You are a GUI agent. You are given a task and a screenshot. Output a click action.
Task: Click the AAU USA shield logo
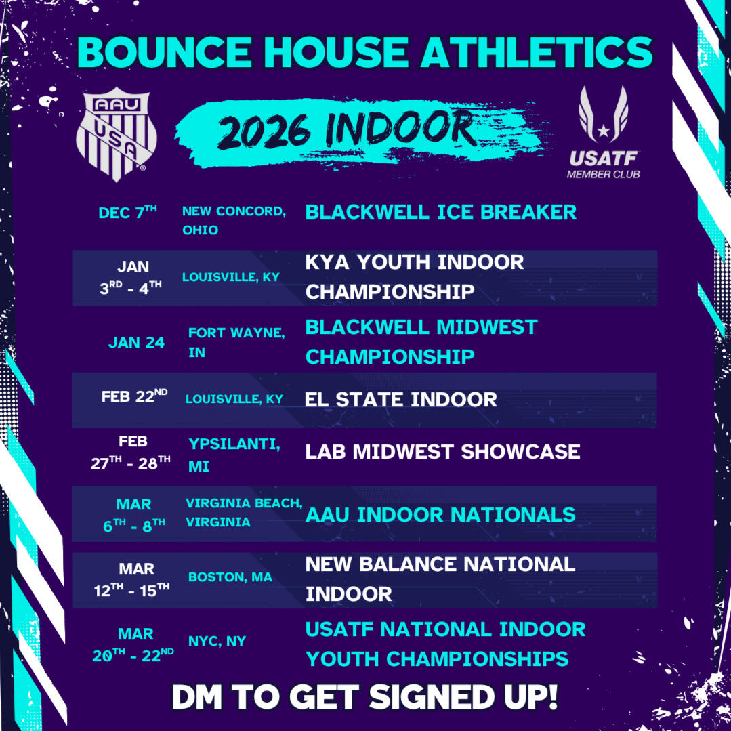pyautogui.click(x=116, y=133)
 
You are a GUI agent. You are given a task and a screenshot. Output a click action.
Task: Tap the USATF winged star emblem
pyautogui.click(x=603, y=114)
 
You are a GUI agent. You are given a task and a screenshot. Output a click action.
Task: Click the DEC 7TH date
pyautogui.click(x=128, y=212)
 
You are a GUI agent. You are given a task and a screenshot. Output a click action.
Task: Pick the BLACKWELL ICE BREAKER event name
pyautogui.click(x=440, y=212)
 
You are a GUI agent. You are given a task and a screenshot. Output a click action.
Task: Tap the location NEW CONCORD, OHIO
pyautogui.click(x=234, y=220)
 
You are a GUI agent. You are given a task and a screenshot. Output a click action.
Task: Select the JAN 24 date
pyautogui.click(x=136, y=343)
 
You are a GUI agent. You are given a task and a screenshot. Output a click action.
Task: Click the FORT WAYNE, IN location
pyautogui.click(x=236, y=342)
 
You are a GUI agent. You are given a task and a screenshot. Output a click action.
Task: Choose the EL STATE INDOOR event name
pyautogui.click(x=401, y=400)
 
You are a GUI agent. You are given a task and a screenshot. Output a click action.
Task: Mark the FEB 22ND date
pyautogui.click(x=134, y=396)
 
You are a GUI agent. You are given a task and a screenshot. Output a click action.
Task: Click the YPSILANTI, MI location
pyautogui.click(x=234, y=455)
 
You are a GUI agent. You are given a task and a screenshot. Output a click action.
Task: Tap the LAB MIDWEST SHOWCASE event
pyautogui.click(x=442, y=451)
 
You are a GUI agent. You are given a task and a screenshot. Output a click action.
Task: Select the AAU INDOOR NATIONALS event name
pyautogui.click(x=440, y=515)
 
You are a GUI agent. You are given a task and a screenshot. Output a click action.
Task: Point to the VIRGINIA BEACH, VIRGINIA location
pyautogui.click(x=244, y=512)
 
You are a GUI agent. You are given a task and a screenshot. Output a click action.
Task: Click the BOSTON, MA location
pyautogui.click(x=230, y=577)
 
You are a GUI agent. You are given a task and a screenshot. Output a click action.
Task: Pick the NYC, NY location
pyautogui.click(x=217, y=641)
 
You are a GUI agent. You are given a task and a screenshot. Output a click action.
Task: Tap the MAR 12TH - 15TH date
pyautogui.click(x=132, y=579)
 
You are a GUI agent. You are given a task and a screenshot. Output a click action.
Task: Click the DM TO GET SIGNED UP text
pyautogui.click(x=364, y=697)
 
